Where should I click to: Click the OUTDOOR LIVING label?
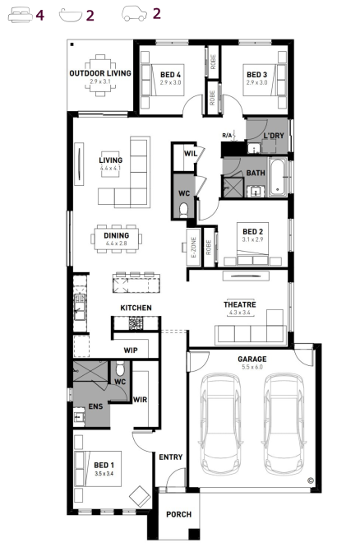tap(100, 73)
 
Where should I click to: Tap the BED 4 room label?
tap(170, 75)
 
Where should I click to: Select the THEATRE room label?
tap(240, 304)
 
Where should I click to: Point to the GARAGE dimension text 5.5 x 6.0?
tap(252, 367)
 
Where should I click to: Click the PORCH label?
tap(179, 514)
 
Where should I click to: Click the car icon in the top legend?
tap(134, 14)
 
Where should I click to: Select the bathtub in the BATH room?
tap(277, 177)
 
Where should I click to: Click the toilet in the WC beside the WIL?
tap(183, 210)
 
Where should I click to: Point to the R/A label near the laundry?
tap(227, 135)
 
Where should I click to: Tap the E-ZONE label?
tap(193, 247)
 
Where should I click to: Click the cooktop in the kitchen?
tap(136, 323)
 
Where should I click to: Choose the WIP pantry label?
tap(131, 350)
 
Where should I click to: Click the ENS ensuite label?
tap(95, 406)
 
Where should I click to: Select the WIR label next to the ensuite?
tap(140, 400)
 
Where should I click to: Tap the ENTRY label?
tap(170, 457)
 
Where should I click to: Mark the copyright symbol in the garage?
tap(311, 480)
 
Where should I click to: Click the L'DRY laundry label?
tap(274, 136)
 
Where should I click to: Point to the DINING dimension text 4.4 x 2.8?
tap(116, 244)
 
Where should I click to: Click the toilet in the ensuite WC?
tap(120, 368)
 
